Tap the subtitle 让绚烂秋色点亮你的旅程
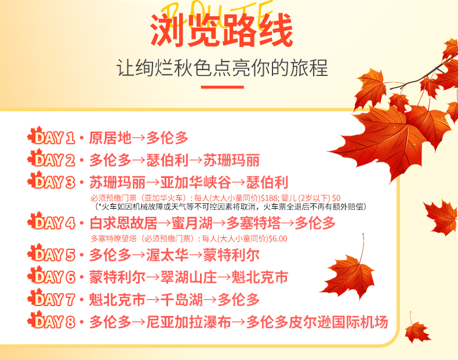(x=222, y=68)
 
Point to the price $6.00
(x=277, y=238)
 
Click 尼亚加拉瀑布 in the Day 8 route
(x=188, y=322)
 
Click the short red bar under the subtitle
(x=221, y=88)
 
